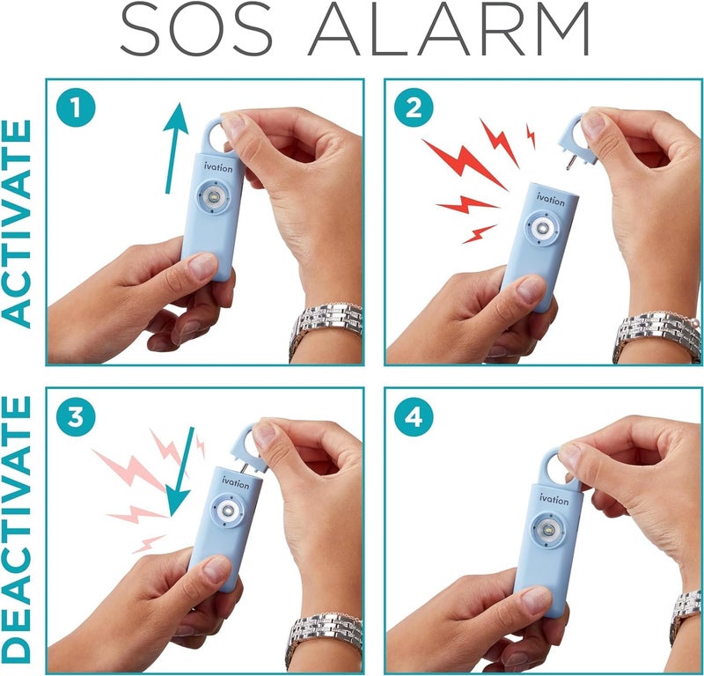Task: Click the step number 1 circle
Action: (x=77, y=110)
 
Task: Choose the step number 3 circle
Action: (x=77, y=417)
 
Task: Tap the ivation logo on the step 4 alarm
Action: (x=554, y=501)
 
